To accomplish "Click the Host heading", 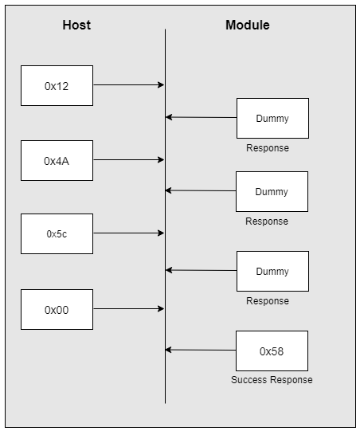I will pos(76,25).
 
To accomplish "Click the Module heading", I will pos(247,25).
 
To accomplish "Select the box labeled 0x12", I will pos(57,85).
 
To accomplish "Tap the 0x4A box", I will pos(57,160).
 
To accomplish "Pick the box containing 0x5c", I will pos(57,233).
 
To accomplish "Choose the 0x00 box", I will pos(57,309).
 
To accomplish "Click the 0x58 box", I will pos(272,351).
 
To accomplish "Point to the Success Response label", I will pos(272,380).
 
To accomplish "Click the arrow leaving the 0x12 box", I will pos(128,84).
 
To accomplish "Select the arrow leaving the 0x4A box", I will pos(128,159).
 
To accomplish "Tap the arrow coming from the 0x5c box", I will pos(128,233).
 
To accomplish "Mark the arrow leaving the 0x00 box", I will pos(128,308).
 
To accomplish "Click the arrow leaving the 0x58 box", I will pos(201,350).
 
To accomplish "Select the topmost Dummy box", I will pos(272,118).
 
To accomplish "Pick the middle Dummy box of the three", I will pos(272,191).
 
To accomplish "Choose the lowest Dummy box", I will pos(272,271).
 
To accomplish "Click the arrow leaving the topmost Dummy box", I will pos(201,117).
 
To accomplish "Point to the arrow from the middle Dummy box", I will pos(201,190).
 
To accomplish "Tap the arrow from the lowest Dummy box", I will pos(201,270).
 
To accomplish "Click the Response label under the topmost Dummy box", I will pos(267,148).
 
